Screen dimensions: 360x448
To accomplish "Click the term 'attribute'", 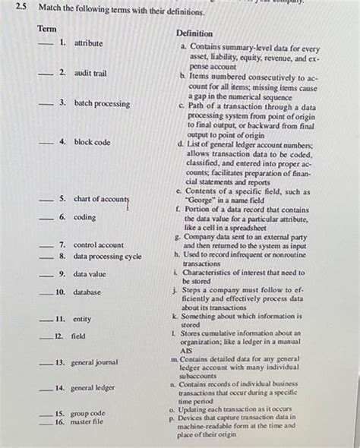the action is pos(88,43).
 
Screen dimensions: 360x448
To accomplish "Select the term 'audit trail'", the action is pos(90,73).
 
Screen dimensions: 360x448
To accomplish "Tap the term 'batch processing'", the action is pos(102,103).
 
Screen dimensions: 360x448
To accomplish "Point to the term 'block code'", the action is pos(92,142).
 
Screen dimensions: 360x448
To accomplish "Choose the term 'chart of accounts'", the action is pos(101,200).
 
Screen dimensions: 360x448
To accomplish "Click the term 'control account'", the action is pos(99,245).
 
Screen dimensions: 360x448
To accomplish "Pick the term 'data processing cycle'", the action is pos(107,257).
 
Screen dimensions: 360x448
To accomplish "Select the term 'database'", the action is pos(90,292).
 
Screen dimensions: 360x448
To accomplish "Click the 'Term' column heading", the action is pos(46,28).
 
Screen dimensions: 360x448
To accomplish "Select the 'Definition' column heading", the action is pos(194,34).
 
